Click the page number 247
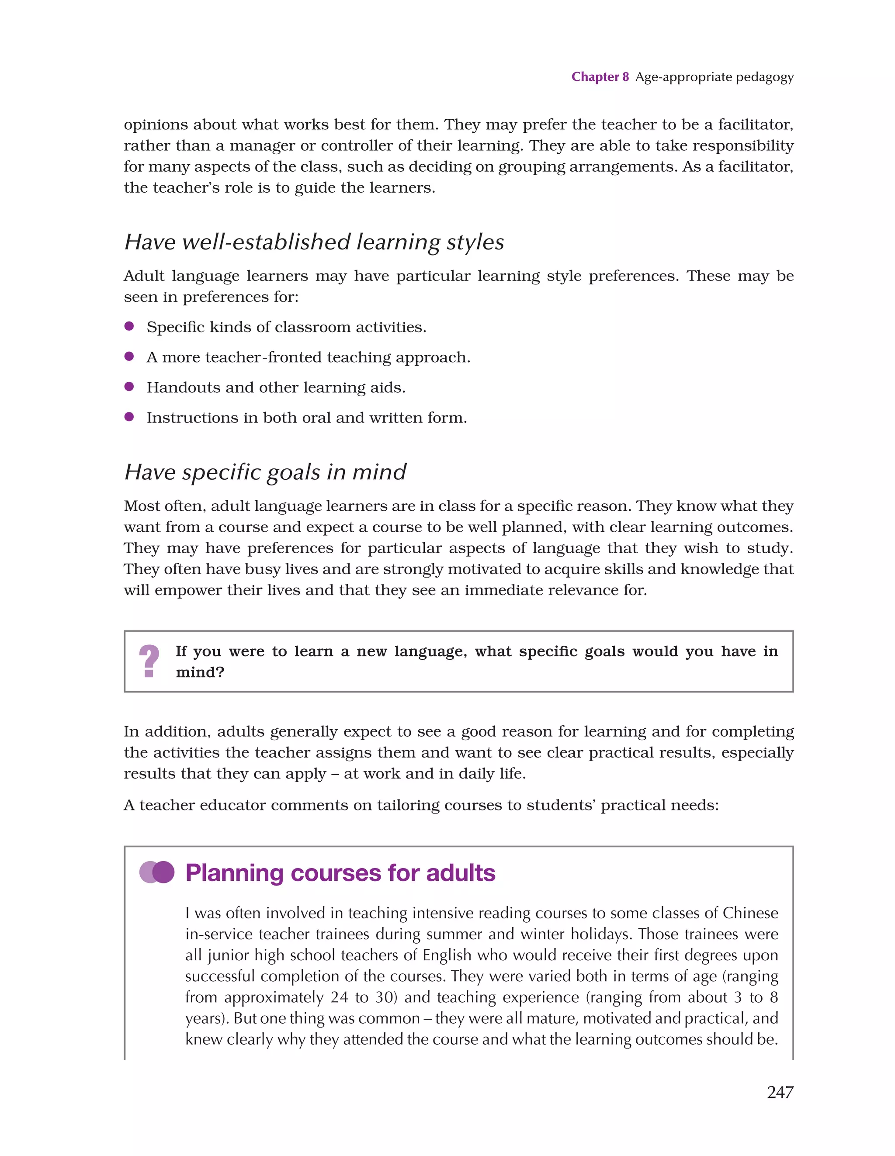coord(780,1092)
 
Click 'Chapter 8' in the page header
coord(600,77)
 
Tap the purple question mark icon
coord(149,661)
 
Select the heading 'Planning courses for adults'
coord(340,873)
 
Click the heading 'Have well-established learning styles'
coord(313,242)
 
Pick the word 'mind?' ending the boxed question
coord(200,672)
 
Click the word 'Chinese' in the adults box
coord(750,913)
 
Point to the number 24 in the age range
coord(339,997)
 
